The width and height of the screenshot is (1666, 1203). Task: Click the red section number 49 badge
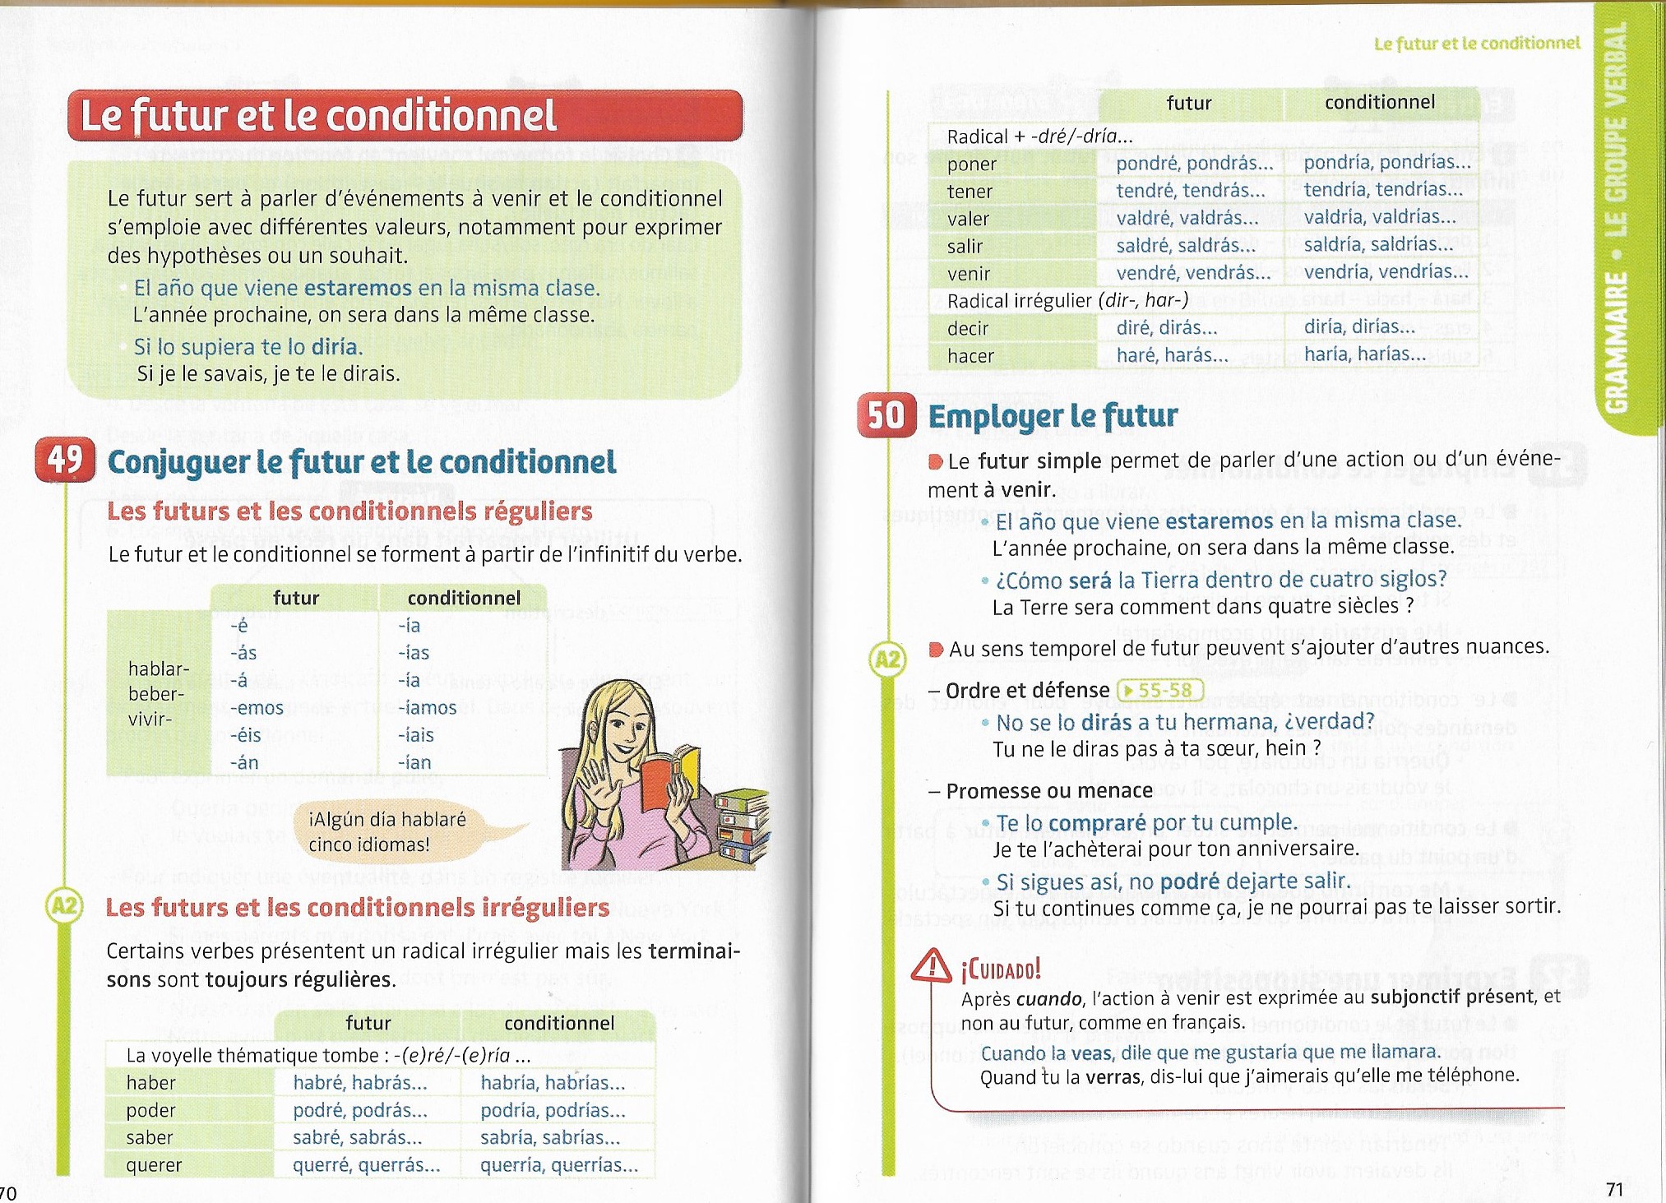65,460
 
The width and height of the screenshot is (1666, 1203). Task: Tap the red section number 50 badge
886,415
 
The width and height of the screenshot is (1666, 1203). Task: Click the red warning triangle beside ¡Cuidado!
932,966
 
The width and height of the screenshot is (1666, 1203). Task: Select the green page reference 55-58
1160,690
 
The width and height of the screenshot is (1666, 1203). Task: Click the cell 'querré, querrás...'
366,1165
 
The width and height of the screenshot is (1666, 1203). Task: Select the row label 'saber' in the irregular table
150,1138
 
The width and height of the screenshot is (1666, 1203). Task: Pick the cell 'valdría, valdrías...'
1380,217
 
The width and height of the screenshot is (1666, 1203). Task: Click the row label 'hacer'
970,356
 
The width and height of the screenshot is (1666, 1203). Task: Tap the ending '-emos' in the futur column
257,708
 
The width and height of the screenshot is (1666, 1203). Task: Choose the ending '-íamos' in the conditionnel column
428,708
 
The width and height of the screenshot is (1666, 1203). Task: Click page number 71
1614,1189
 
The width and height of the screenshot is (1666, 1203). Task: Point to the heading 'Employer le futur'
1053,416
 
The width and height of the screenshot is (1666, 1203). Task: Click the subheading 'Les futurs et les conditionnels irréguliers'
358,908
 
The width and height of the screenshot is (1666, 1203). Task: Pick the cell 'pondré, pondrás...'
1194,164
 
